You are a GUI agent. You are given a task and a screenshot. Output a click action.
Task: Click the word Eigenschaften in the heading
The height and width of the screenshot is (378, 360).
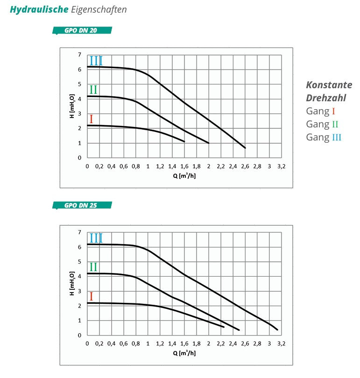coord(99,9)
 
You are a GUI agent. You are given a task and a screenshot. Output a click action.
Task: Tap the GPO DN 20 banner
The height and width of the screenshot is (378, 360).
coord(82,31)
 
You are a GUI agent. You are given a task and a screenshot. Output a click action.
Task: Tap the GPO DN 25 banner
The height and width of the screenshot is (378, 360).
coord(82,205)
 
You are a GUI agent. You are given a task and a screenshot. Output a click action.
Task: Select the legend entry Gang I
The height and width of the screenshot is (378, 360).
coord(320,111)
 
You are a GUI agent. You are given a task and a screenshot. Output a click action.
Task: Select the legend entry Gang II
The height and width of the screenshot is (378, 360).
coord(322,124)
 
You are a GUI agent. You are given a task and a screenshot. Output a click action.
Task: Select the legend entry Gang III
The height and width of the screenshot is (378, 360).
coord(324,137)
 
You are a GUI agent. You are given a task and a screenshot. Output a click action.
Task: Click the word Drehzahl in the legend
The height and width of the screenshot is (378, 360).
coord(326,98)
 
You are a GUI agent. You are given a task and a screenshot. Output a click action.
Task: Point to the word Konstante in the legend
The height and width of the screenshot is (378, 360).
coord(329,85)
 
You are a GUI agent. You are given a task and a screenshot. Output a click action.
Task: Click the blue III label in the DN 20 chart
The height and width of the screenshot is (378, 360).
coord(96,61)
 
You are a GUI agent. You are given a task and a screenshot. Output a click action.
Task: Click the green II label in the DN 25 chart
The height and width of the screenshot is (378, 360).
coord(93,267)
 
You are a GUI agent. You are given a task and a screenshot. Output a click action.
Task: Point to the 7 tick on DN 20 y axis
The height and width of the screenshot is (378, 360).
coord(80,55)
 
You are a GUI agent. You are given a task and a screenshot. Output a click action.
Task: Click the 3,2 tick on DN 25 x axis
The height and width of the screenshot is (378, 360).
coord(282,343)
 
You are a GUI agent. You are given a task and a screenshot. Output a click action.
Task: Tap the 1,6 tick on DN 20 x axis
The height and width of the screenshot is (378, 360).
coord(184,166)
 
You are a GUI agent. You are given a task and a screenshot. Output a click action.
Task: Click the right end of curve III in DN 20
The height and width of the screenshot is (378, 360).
coord(245,148)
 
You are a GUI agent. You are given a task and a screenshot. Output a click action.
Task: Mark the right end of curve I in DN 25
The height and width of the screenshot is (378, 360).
coord(224,327)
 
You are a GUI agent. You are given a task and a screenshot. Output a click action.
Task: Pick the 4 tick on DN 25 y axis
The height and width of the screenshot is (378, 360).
coord(80,276)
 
